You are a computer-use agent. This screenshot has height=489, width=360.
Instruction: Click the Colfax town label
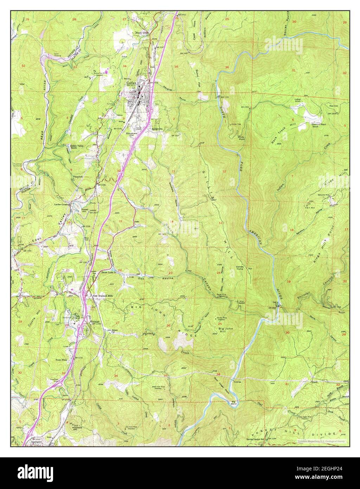pos(131,83)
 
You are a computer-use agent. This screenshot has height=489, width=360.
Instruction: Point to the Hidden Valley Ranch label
pos(71,147)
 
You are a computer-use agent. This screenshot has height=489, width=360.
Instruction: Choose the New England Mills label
pos(103,296)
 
